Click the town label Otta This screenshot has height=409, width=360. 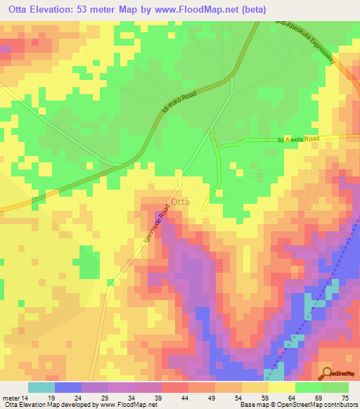click(179, 200)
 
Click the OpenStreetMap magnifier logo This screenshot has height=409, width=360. click(328, 372)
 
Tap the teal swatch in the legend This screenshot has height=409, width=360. click(41, 387)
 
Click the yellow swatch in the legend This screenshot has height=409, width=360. click(281, 387)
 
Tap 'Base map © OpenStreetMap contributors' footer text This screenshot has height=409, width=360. click(296, 405)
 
